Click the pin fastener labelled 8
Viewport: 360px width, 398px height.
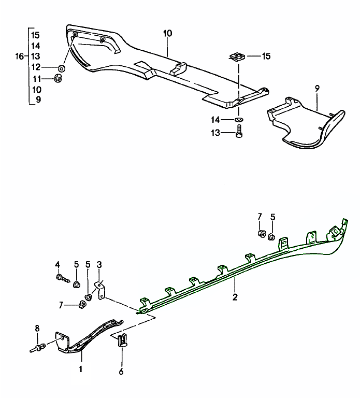[x=39, y=348]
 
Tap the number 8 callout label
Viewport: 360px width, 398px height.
[x=37, y=328]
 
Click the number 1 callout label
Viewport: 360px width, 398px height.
[x=81, y=369]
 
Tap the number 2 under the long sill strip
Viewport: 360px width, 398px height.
[x=235, y=297]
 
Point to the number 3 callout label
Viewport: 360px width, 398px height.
[x=99, y=264]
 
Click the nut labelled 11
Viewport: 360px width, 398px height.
[x=59, y=79]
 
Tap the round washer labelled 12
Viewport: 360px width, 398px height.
[x=62, y=68]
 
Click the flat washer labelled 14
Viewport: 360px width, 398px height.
[x=239, y=120]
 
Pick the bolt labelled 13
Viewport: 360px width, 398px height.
[x=239, y=133]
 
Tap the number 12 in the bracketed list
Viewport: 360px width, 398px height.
[x=35, y=67]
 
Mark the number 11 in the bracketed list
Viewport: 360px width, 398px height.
[x=35, y=79]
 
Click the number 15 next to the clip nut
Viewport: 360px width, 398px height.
[x=266, y=56]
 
